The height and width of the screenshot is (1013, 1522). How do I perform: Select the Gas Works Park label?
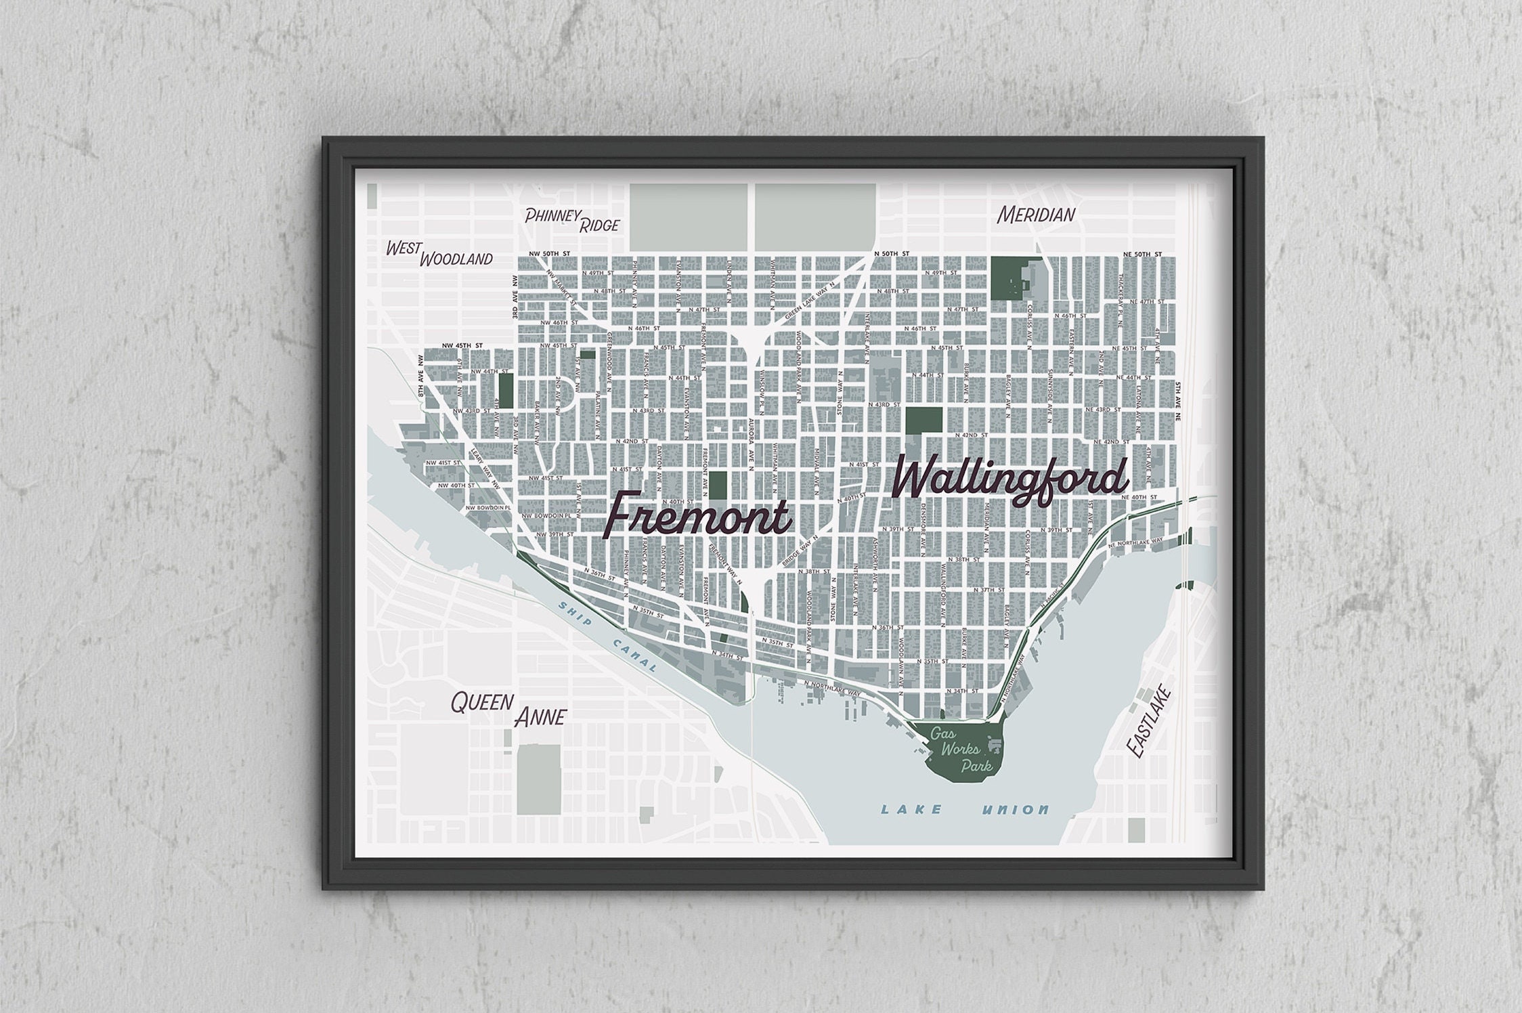pyautogui.click(x=961, y=750)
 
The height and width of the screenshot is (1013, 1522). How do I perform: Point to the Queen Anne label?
pyautogui.click(x=508, y=709)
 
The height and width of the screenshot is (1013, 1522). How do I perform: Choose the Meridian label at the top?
pyautogui.click(x=1036, y=215)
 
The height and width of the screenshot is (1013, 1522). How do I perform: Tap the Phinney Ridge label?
pyautogui.click(x=572, y=219)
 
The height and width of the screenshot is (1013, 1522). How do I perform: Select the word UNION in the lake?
pyautogui.click(x=1015, y=809)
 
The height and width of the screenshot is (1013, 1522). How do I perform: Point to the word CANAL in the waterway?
pyautogui.click(x=636, y=655)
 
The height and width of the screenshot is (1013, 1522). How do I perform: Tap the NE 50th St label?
pyautogui.click(x=1142, y=254)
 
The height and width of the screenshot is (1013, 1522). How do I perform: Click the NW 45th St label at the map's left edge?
pyautogui.click(x=461, y=345)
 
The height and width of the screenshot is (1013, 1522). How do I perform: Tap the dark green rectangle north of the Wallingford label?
pyautogui.click(x=923, y=421)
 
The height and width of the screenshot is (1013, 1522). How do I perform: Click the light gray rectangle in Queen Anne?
pyautogui.click(x=539, y=779)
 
